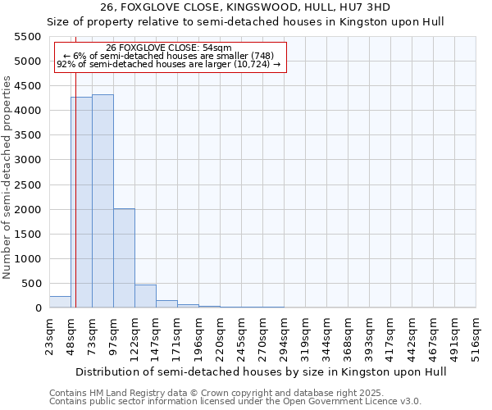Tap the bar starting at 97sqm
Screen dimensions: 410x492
coord(124,258)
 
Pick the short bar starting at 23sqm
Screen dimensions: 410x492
coord(60,302)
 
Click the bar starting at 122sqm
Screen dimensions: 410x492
coord(145,296)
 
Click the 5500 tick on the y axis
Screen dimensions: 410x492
coord(28,37)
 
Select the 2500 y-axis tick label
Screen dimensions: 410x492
coord(28,185)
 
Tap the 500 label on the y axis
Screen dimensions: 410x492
coord(31,284)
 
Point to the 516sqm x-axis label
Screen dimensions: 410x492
coord(476,334)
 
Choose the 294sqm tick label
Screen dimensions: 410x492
coord(284,334)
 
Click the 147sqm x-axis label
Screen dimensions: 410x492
coord(156,334)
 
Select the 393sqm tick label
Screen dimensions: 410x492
coord(369,334)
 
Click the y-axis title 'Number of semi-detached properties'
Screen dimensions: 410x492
coord(7,177)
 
